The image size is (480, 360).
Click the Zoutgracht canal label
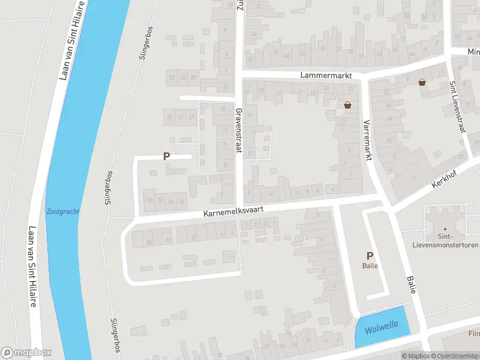pos(62,211)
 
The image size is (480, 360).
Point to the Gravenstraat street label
pos(238,131)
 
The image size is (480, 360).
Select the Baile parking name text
pos(370,265)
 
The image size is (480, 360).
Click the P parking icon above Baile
pos(370,256)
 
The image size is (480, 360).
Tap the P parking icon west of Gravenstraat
pos(167,156)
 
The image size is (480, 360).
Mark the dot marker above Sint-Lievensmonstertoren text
pos(445,229)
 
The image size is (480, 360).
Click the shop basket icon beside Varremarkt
pos(347,105)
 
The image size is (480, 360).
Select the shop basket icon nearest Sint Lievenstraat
pos(422,82)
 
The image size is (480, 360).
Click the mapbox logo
pos(26,353)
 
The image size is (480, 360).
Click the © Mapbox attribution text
pos(416,356)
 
